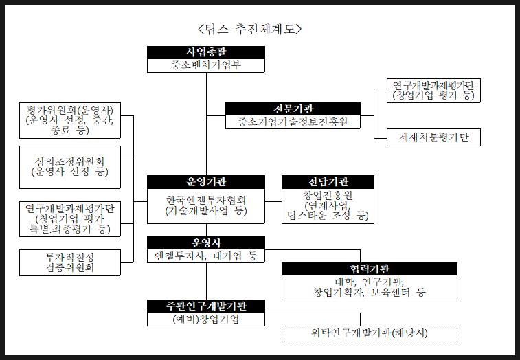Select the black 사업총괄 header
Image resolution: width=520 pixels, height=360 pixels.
(206, 52)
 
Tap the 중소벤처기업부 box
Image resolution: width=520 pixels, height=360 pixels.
(206, 66)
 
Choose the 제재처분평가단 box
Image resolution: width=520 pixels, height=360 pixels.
(433, 137)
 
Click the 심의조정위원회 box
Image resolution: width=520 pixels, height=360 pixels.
(70, 166)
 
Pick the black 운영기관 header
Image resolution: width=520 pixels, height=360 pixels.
(206, 181)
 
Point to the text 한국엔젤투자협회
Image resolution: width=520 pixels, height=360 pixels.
(206, 200)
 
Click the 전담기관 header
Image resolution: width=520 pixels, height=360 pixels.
(328, 181)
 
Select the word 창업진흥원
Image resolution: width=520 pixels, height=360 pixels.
(328, 195)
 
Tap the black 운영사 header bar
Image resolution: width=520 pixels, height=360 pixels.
(206, 243)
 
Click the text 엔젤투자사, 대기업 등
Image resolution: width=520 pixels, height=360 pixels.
(206, 256)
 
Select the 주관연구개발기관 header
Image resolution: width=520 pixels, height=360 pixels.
(206, 306)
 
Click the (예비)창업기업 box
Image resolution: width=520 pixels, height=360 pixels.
(206, 319)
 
